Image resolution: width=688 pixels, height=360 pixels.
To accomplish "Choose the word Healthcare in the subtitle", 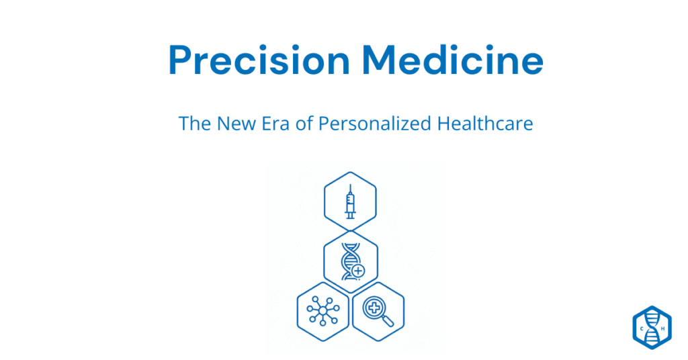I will point(485,124).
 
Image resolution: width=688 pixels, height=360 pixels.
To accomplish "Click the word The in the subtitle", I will point(195,124).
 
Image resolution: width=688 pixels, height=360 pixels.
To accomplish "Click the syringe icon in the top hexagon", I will point(350,201).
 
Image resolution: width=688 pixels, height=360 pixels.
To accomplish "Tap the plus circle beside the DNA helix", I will point(359,270).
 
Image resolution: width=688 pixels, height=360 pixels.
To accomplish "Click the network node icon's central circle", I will point(322,311).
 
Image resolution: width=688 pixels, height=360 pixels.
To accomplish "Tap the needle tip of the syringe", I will point(350,186).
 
